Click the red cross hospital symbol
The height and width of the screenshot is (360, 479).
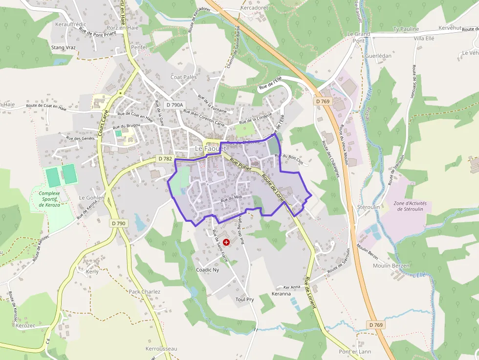click(x=226, y=242)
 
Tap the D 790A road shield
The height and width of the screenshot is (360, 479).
click(x=174, y=105)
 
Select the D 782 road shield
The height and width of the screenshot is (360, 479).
click(x=165, y=159)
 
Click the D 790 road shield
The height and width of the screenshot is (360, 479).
click(x=117, y=223)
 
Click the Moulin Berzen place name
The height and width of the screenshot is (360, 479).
click(x=391, y=266)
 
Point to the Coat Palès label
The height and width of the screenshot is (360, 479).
click(x=183, y=77)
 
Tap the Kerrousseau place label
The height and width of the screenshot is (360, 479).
click(x=161, y=349)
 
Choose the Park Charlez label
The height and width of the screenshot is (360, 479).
click(x=144, y=292)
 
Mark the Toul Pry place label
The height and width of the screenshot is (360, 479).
click(x=245, y=299)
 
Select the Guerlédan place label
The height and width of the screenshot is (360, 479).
click(x=378, y=56)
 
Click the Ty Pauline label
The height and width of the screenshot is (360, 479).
click(x=406, y=29)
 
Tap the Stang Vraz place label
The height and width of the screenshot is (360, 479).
click(x=64, y=47)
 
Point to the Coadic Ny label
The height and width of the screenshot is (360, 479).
click(x=208, y=270)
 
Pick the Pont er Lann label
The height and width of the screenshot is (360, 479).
click(x=355, y=352)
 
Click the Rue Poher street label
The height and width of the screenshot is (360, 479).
click(x=240, y=166)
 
